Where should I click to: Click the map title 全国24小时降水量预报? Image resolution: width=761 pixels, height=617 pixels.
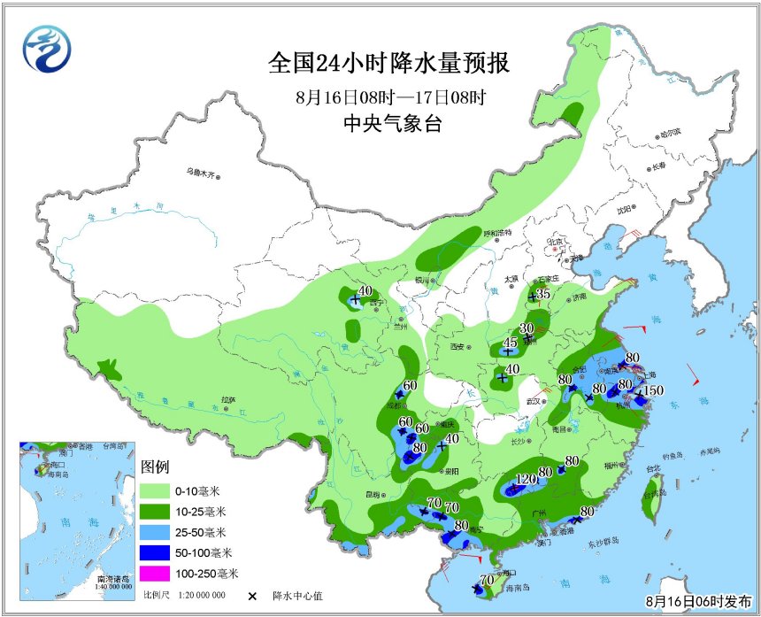click(390, 64)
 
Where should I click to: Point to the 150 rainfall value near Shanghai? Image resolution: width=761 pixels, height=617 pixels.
click(652, 390)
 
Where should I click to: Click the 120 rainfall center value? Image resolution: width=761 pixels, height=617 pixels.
click(526, 479)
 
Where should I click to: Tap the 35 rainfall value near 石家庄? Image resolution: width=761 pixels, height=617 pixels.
click(543, 294)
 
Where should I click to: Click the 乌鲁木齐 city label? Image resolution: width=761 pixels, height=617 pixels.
click(200, 173)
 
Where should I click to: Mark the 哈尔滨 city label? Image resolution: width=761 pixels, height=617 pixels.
click(670, 133)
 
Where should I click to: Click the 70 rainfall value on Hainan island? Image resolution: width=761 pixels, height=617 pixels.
click(485, 580)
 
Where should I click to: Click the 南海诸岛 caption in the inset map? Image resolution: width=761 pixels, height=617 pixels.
click(111, 576)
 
